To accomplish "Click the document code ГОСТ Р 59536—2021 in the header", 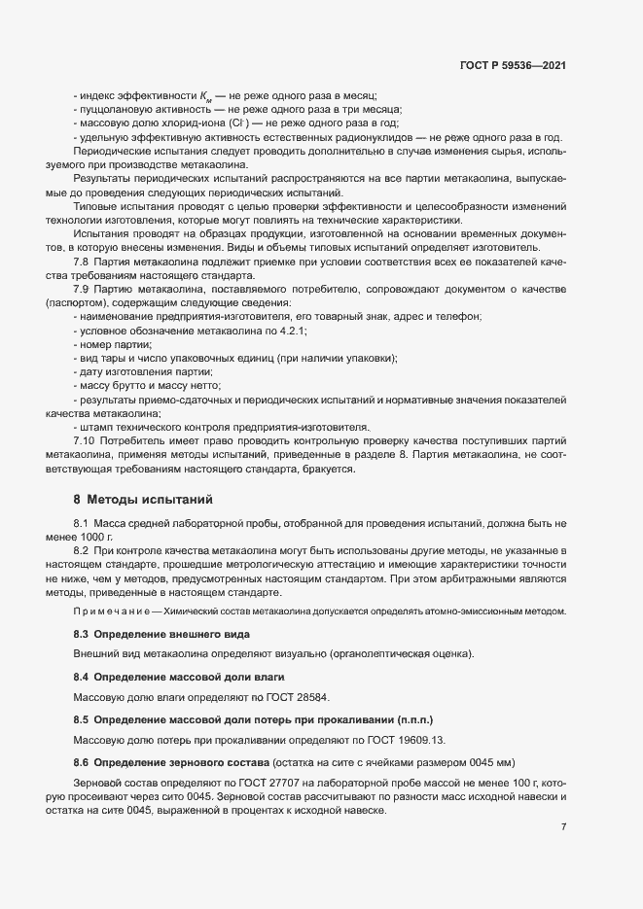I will [x=514, y=66].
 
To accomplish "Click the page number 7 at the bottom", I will [x=564, y=827].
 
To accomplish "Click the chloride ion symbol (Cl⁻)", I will [x=239, y=123].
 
